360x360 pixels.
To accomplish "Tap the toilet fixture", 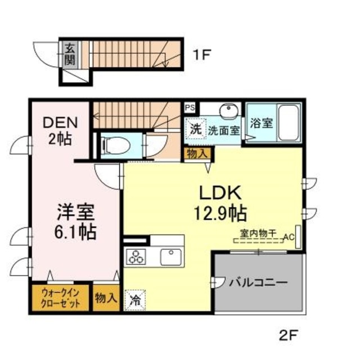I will coord(115,146).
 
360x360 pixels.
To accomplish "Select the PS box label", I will coord(190,106).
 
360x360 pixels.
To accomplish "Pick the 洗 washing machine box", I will coord(195,128).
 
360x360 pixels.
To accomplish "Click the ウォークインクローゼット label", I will coord(60,297).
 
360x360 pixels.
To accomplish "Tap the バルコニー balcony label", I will coord(258,282).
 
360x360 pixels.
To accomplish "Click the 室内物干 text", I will coord(257,232).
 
